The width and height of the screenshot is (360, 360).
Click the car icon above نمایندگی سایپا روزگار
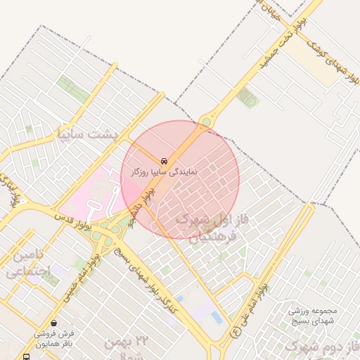[164, 160]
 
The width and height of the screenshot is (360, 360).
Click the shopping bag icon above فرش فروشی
[54, 323]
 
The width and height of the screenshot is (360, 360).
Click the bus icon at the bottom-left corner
[27, 356]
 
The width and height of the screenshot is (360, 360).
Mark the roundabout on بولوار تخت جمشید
[206, 122]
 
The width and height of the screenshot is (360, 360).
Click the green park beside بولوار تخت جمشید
[247, 97]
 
